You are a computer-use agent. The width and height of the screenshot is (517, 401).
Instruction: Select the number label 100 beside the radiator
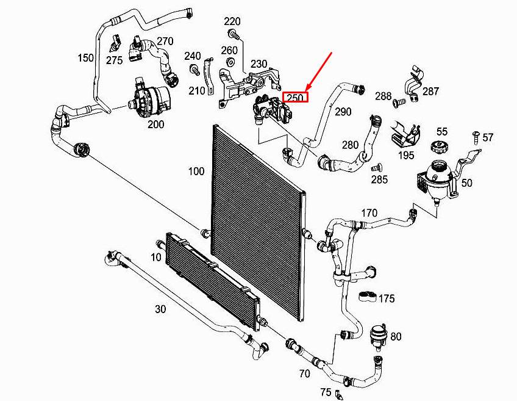click(196, 172)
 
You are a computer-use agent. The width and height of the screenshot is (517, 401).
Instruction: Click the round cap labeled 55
click(440, 147)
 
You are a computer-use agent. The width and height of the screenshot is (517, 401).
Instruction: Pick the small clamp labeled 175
click(366, 297)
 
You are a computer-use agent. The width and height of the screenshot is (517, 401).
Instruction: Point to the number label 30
click(160, 309)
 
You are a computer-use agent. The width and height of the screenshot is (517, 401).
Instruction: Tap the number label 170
click(369, 214)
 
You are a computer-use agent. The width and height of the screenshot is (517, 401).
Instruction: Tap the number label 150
click(85, 58)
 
